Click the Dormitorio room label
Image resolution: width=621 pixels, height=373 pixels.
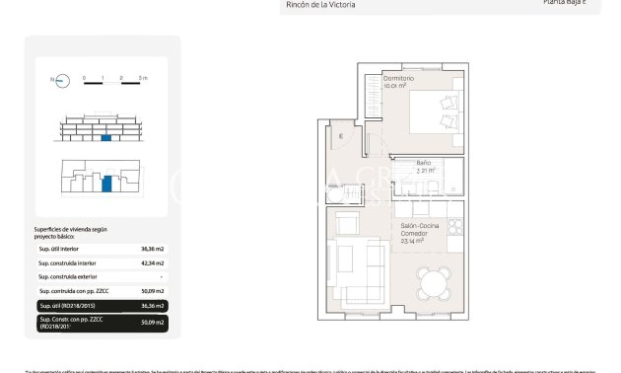point(398,78)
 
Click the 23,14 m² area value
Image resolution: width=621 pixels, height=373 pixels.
point(412,240)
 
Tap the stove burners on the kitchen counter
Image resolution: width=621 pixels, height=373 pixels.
point(454,227)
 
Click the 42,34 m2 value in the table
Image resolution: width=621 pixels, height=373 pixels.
point(153,263)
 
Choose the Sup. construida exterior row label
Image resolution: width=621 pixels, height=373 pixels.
point(66,277)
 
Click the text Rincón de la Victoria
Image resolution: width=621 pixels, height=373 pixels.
point(319,5)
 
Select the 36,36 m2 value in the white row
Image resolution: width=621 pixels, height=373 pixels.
point(153,250)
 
